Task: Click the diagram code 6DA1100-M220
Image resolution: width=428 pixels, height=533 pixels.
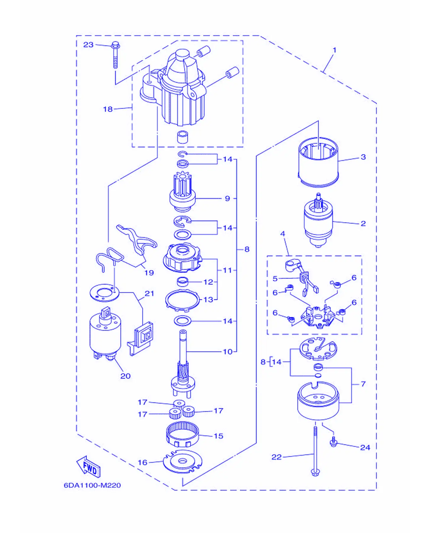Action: [x=92, y=485]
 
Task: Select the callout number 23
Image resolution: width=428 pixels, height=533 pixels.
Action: [x=88, y=45]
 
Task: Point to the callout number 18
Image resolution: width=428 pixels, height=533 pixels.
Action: [x=108, y=109]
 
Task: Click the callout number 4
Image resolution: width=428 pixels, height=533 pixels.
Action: [x=283, y=234]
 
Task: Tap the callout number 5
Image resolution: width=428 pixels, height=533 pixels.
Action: [x=275, y=278]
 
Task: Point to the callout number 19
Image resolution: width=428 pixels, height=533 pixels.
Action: [x=149, y=272]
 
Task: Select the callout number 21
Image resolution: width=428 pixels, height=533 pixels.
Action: [x=149, y=294]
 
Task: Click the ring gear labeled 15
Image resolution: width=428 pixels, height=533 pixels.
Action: [x=182, y=434]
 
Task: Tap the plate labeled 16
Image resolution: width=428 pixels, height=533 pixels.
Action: [x=182, y=461]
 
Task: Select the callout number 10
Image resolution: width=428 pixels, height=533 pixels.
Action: [x=228, y=352]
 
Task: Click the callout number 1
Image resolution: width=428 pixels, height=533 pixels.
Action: [x=335, y=50]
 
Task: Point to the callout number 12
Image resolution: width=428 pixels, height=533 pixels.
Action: [x=208, y=282]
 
